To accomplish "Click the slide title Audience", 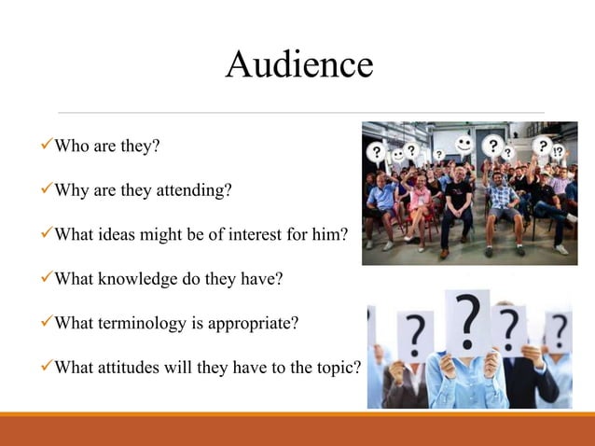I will (x=298, y=64).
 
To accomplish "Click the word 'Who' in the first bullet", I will (x=71, y=146).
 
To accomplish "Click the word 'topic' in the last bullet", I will (x=336, y=368).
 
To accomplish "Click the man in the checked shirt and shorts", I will (x=505, y=205).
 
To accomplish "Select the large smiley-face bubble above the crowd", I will (x=464, y=144).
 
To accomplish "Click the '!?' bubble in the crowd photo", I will (x=557, y=151).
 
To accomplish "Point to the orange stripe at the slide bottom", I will (x=297, y=414).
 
